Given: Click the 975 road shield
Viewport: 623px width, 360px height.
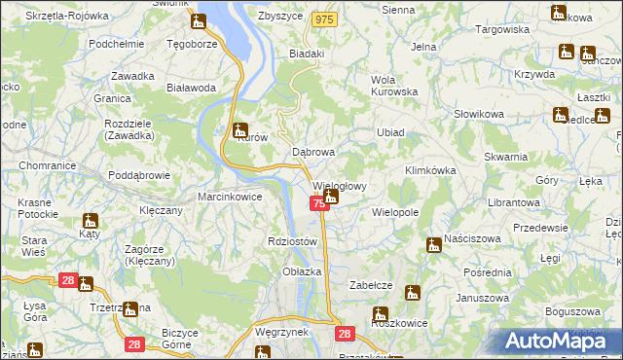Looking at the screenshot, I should click(325, 19).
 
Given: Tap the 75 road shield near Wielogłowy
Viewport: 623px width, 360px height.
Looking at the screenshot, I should click(319, 202).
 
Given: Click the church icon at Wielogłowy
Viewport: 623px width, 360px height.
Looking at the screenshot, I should click(331, 198).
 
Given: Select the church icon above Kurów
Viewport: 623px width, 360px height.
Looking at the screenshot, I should click(241, 129).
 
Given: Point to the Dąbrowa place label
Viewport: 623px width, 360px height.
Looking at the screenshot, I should click(313, 153).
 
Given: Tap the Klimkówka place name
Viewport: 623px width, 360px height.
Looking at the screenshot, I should click(430, 170).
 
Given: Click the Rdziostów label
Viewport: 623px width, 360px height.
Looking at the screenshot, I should click(292, 241).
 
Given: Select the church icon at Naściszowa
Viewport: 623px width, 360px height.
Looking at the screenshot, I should click(434, 245).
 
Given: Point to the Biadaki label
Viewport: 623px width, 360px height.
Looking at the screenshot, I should click(307, 54).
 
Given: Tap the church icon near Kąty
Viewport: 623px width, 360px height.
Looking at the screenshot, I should click(90, 221).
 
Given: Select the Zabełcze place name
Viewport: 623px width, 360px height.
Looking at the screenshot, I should click(371, 285).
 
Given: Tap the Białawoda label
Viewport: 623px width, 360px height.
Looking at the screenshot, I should click(191, 88).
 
